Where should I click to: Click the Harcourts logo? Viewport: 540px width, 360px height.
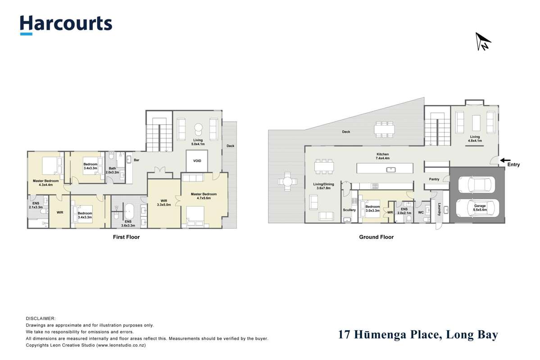pyautogui.click(x=66, y=24)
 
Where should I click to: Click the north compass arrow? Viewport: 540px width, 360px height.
pyautogui.click(x=482, y=41)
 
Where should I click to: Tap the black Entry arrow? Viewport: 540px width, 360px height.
pyautogui.click(x=505, y=159)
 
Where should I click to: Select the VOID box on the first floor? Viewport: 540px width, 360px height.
pyautogui.click(x=197, y=161)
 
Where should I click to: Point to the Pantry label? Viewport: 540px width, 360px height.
pyautogui.click(x=434, y=179)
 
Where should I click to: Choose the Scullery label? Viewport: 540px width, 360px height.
pyautogui.click(x=349, y=210)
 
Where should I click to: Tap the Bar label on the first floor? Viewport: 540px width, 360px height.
pyautogui.click(x=136, y=159)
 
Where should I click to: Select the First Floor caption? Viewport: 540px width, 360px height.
pyautogui.click(x=126, y=237)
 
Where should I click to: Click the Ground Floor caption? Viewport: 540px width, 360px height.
pyautogui.click(x=376, y=237)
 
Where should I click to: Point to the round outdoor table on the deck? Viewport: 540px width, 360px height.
pyautogui.click(x=287, y=182)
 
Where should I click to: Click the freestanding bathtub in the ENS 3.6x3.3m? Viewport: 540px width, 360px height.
pyautogui.click(x=129, y=211)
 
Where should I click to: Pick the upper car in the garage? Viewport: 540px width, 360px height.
pyautogui.click(x=476, y=184)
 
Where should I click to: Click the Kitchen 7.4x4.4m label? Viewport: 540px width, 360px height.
pyautogui.click(x=382, y=156)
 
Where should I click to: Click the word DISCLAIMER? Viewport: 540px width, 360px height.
pyautogui.click(x=41, y=318)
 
